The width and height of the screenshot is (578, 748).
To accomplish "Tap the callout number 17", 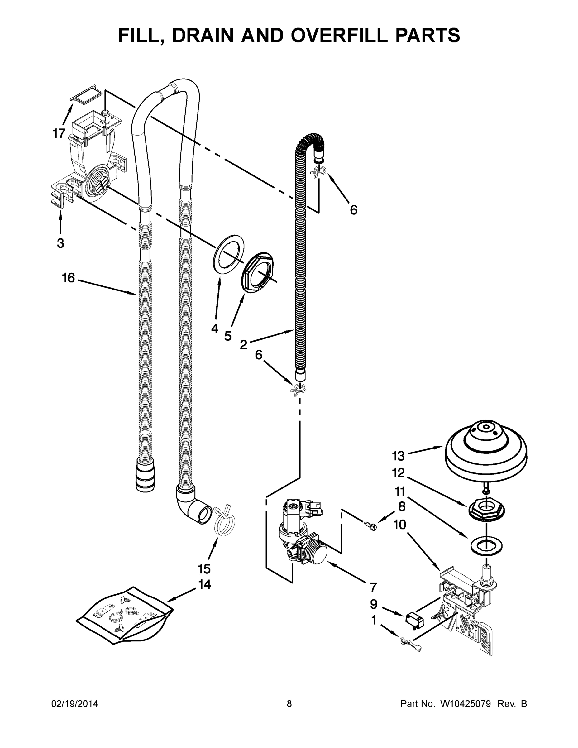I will click(59, 133).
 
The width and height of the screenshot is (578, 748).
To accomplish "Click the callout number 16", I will click(68, 278).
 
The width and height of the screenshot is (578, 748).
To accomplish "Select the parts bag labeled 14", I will click(125, 616).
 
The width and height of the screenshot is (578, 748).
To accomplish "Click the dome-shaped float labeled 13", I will click(485, 450).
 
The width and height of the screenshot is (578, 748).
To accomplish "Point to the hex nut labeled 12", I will click(486, 513).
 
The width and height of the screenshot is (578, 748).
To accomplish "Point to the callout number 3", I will click(60, 243).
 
